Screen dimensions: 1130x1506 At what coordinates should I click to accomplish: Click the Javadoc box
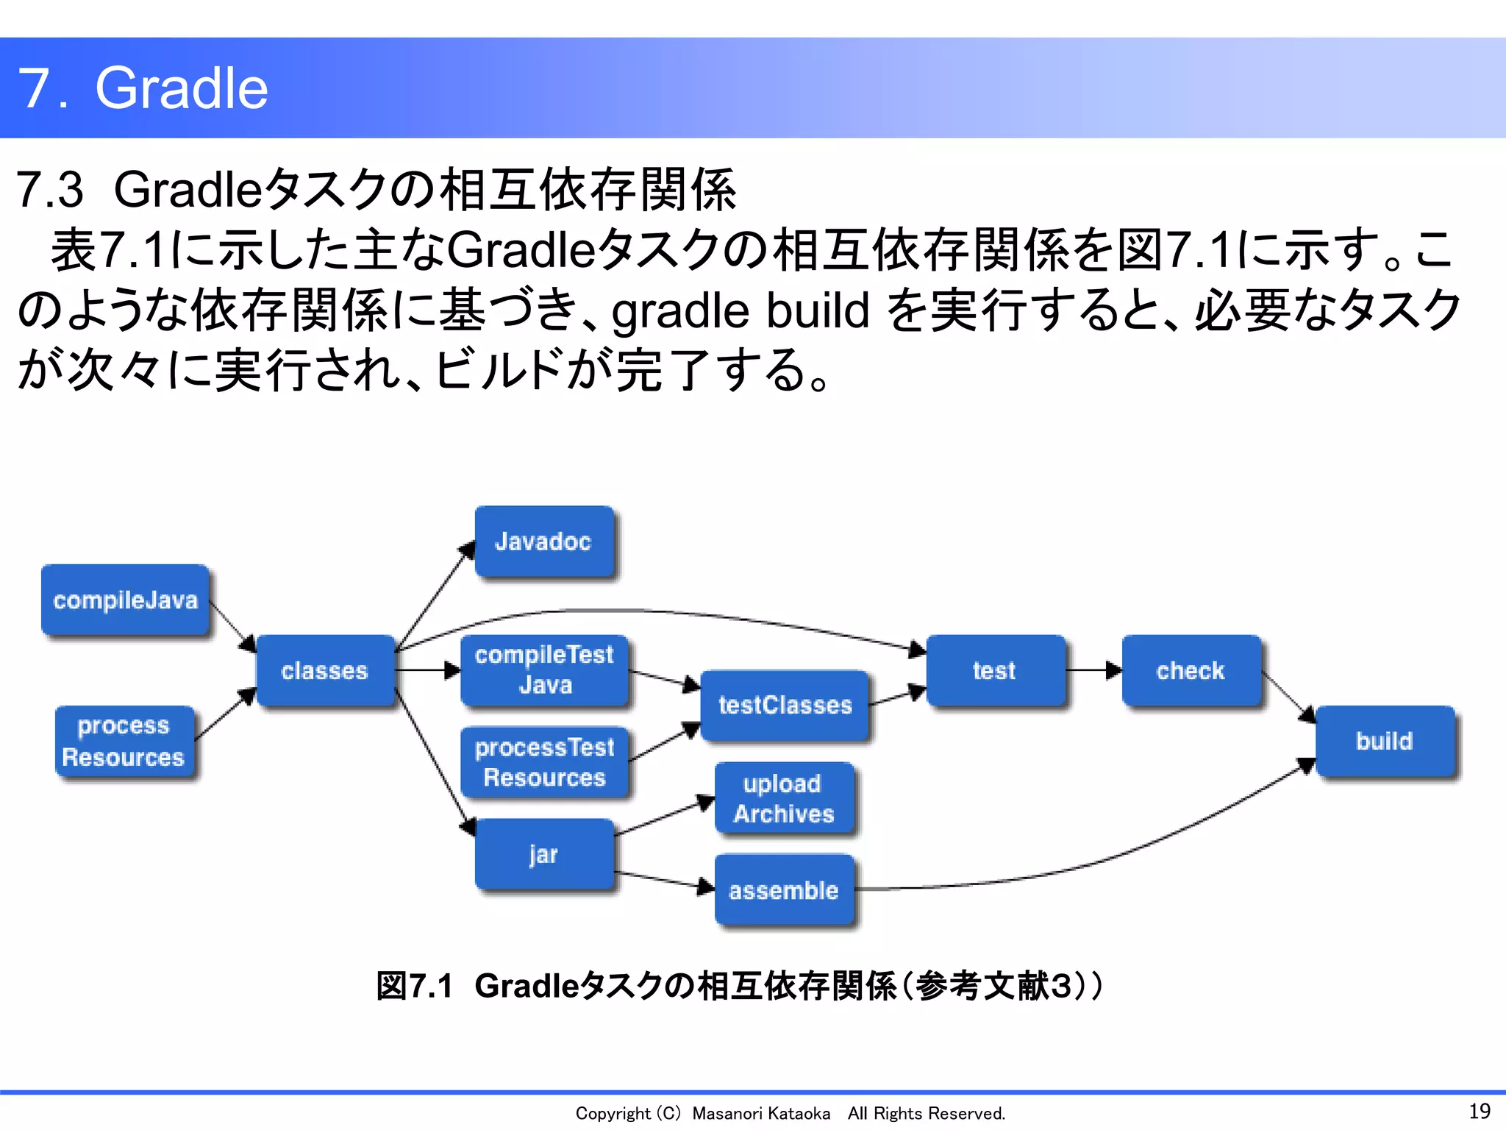(544, 541)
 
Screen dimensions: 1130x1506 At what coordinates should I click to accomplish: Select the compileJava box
(126, 600)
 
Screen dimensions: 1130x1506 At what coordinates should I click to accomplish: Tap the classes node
(325, 670)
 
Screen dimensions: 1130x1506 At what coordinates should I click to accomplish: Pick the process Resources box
(124, 741)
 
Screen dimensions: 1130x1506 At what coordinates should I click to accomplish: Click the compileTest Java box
(544, 670)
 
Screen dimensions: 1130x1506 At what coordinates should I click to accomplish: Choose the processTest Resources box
(544, 762)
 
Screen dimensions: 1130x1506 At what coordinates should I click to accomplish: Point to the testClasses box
(785, 705)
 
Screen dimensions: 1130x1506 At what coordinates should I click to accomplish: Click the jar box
(544, 854)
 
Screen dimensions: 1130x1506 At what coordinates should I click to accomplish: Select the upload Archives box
(785, 798)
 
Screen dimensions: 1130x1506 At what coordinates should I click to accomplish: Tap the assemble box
(785, 890)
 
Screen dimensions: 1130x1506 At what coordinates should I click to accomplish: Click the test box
(995, 670)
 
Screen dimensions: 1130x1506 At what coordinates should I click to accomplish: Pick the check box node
(1191, 670)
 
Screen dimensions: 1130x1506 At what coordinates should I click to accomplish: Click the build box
(1385, 741)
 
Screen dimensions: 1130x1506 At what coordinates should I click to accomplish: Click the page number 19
(1479, 1111)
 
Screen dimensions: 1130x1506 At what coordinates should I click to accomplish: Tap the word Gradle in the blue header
(182, 88)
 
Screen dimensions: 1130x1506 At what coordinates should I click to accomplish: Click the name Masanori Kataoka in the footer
(761, 1114)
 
